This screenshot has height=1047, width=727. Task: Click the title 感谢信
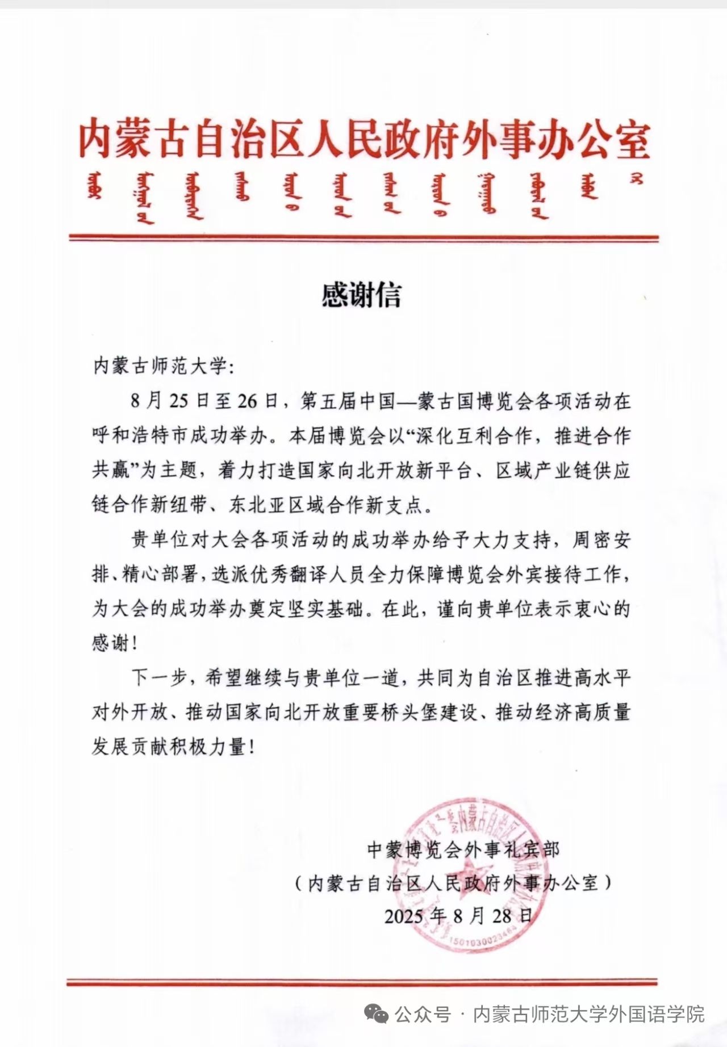pyautogui.click(x=361, y=295)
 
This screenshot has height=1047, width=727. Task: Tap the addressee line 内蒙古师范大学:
pyautogui.click(x=163, y=366)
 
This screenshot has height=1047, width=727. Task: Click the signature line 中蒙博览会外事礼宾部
pyautogui.click(x=463, y=850)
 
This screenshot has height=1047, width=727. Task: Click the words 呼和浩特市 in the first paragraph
pyautogui.click(x=139, y=436)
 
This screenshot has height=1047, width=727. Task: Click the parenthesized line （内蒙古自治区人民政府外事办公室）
pyautogui.click(x=453, y=883)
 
